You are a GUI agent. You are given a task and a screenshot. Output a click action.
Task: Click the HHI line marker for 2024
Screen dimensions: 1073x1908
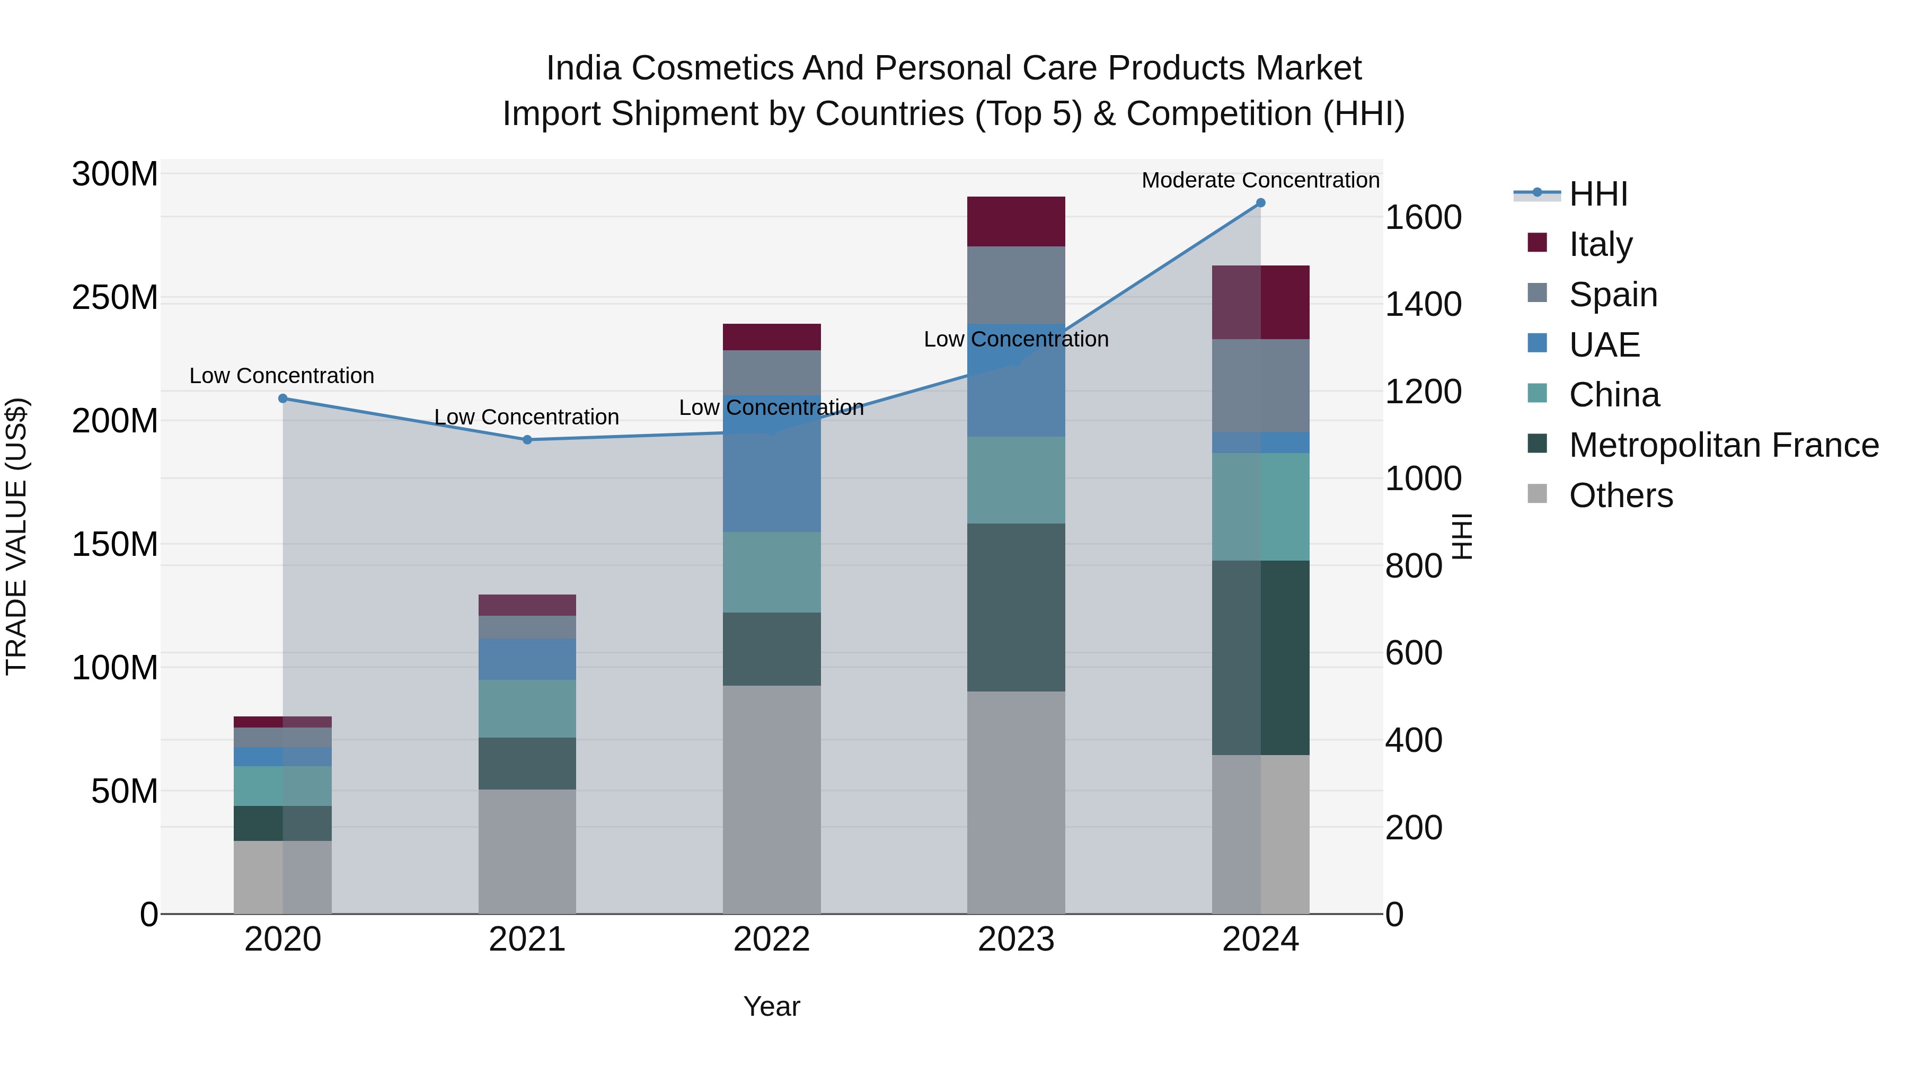(1261, 203)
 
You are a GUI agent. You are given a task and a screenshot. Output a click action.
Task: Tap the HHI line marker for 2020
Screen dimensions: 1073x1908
(283, 398)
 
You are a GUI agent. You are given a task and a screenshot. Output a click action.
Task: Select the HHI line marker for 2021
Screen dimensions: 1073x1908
(527, 440)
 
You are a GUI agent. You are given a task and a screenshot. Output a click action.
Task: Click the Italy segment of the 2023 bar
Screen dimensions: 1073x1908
(1016, 221)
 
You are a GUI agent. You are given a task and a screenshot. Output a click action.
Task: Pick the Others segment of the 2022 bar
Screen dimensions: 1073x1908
(772, 799)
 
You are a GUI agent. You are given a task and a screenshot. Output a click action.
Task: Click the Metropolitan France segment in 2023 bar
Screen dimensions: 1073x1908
(1016, 607)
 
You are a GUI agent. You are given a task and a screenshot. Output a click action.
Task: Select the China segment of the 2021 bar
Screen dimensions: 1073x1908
(527, 708)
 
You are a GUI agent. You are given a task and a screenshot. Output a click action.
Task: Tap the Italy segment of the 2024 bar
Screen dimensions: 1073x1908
(1261, 302)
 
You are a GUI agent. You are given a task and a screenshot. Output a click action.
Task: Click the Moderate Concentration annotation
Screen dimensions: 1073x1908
(1261, 180)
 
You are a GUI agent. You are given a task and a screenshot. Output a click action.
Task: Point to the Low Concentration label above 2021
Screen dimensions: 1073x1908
(527, 417)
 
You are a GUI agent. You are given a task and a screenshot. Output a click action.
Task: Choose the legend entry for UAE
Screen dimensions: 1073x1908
(1604, 345)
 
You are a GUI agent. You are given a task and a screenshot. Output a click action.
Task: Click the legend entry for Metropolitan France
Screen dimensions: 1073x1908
(1724, 446)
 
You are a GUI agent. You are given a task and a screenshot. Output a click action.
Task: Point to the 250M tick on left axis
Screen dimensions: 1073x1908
(115, 298)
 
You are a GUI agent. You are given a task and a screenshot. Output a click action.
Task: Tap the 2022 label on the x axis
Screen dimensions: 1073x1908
(772, 939)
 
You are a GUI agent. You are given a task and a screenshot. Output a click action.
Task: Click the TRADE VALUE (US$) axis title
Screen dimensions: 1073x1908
(16, 536)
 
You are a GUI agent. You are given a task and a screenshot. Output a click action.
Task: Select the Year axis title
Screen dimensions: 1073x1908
(772, 1006)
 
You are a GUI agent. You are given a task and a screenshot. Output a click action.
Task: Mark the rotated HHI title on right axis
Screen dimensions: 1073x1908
(1461, 536)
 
